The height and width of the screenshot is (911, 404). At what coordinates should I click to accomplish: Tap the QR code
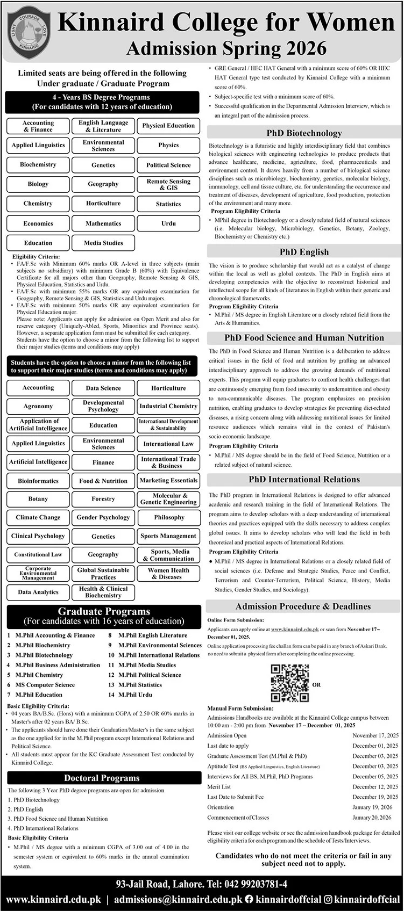289,683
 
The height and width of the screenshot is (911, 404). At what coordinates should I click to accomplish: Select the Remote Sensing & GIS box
168,184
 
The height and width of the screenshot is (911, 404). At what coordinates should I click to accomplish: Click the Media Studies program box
103,243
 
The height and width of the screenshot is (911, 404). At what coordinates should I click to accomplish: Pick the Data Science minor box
103,388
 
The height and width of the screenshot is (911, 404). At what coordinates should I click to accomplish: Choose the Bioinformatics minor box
38,481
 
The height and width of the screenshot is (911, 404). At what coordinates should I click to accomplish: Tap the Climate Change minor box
38,517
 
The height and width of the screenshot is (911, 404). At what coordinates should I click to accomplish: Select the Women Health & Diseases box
168,574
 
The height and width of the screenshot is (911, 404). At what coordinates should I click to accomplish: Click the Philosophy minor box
168,517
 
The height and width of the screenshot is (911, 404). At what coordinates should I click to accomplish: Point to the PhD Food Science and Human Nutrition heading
304,338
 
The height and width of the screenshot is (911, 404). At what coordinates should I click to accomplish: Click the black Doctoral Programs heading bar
102,778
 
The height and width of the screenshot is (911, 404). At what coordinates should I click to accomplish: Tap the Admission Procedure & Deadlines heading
303,606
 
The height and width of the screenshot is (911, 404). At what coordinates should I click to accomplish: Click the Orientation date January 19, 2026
372,807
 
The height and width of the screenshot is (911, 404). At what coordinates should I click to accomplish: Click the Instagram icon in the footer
328,899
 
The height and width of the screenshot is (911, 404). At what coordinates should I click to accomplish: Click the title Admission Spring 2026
226,49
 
